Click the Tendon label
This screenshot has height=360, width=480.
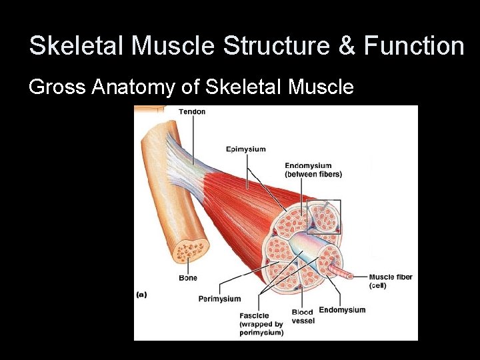pyautogui.click(x=192, y=111)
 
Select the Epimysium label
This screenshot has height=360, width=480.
pyautogui.click(x=245, y=149)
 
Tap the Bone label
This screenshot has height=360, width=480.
pyautogui.click(x=188, y=277)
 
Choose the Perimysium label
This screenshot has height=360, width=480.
pyautogui.click(x=219, y=299)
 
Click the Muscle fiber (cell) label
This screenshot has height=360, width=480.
pyautogui.click(x=390, y=281)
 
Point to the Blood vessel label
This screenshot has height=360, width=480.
pyautogui.click(x=303, y=316)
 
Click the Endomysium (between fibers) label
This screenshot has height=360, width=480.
pyautogui.click(x=313, y=170)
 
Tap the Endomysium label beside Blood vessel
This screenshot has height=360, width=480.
pyautogui.click(x=342, y=309)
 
